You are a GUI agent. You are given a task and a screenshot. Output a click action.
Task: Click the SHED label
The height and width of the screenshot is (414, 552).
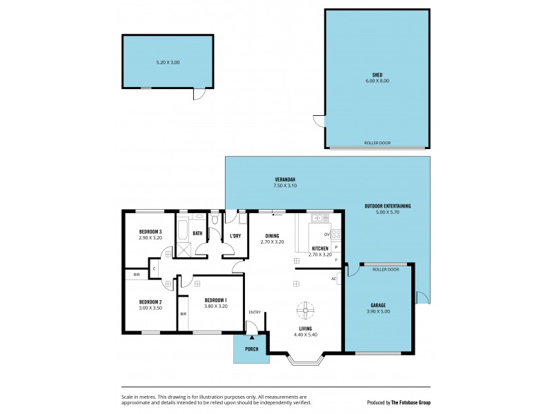point(377,75)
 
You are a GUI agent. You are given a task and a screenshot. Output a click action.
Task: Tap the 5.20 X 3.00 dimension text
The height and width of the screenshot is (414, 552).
point(168,63)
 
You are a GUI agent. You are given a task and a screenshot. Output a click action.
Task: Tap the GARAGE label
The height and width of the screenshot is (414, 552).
point(377,305)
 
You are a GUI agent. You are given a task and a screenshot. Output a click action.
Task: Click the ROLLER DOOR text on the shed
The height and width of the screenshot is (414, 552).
point(377,144)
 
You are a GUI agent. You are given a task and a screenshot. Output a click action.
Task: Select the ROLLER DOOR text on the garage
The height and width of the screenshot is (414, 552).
point(386,270)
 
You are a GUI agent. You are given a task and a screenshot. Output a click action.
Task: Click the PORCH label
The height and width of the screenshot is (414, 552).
point(252,348)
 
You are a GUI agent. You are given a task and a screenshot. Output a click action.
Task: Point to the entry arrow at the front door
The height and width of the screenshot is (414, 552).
point(252,335)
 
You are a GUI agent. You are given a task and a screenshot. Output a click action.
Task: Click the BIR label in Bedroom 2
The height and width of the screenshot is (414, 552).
point(137,275)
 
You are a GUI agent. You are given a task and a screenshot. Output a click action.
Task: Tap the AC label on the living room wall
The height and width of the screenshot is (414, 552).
point(334,279)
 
